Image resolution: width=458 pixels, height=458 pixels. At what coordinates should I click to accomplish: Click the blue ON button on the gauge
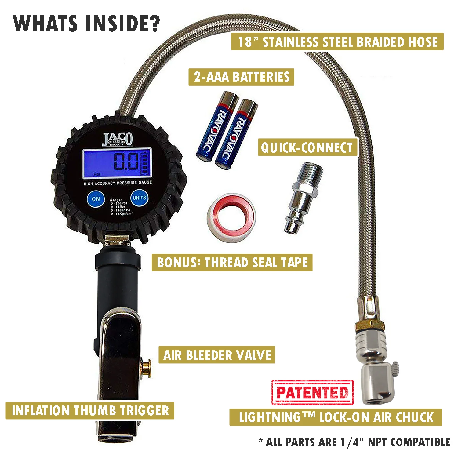click(96, 199)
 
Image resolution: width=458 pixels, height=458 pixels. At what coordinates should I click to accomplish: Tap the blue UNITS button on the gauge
click(139, 198)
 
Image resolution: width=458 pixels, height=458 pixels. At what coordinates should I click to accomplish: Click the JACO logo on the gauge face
click(118, 140)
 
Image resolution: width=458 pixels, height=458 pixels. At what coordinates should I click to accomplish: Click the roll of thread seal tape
click(231, 217)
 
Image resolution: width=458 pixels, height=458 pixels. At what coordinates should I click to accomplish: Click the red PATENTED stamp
click(312, 393)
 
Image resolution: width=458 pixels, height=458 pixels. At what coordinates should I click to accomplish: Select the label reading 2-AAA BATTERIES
click(241, 77)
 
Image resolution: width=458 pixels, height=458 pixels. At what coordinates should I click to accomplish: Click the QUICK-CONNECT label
click(307, 148)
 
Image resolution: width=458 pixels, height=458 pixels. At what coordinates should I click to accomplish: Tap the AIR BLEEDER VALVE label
click(217, 355)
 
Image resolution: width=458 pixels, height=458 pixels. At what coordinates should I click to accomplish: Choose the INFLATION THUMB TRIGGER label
click(90, 411)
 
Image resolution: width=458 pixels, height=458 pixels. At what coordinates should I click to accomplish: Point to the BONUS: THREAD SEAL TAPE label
click(232, 263)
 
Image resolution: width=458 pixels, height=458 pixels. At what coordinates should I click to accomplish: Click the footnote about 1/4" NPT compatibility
click(354, 442)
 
